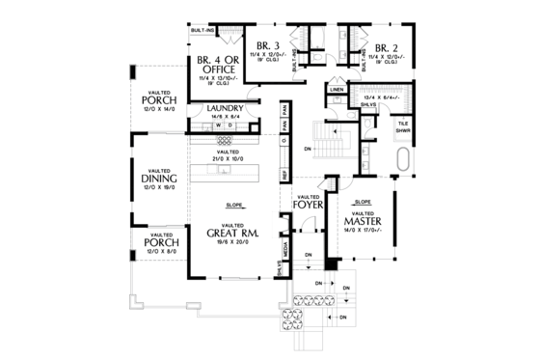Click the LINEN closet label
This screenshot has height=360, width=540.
pyautogui.click(x=337, y=90)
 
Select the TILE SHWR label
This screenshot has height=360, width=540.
pyautogui.click(x=404, y=127)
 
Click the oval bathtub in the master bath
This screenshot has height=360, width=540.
pyautogui.click(x=403, y=157)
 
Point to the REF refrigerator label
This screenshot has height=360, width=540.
pyautogui.click(x=285, y=174)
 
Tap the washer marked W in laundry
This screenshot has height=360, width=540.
pyautogui.click(x=219, y=125)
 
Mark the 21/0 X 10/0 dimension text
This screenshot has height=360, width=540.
pyautogui.click(x=229, y=157)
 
